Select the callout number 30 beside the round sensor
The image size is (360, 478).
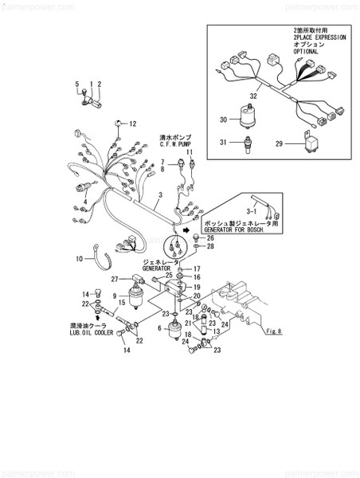pos(224,119)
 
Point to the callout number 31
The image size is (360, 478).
pos(224,143)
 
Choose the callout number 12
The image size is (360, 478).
pos(134,123)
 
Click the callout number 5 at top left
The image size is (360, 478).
pos(77,84)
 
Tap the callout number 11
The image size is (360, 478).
pos(190,151)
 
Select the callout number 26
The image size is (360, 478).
pos(210,238)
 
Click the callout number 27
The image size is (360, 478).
pos(115,279)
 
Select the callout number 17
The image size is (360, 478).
pos(198,268)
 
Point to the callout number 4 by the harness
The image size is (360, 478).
pos(84,200)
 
